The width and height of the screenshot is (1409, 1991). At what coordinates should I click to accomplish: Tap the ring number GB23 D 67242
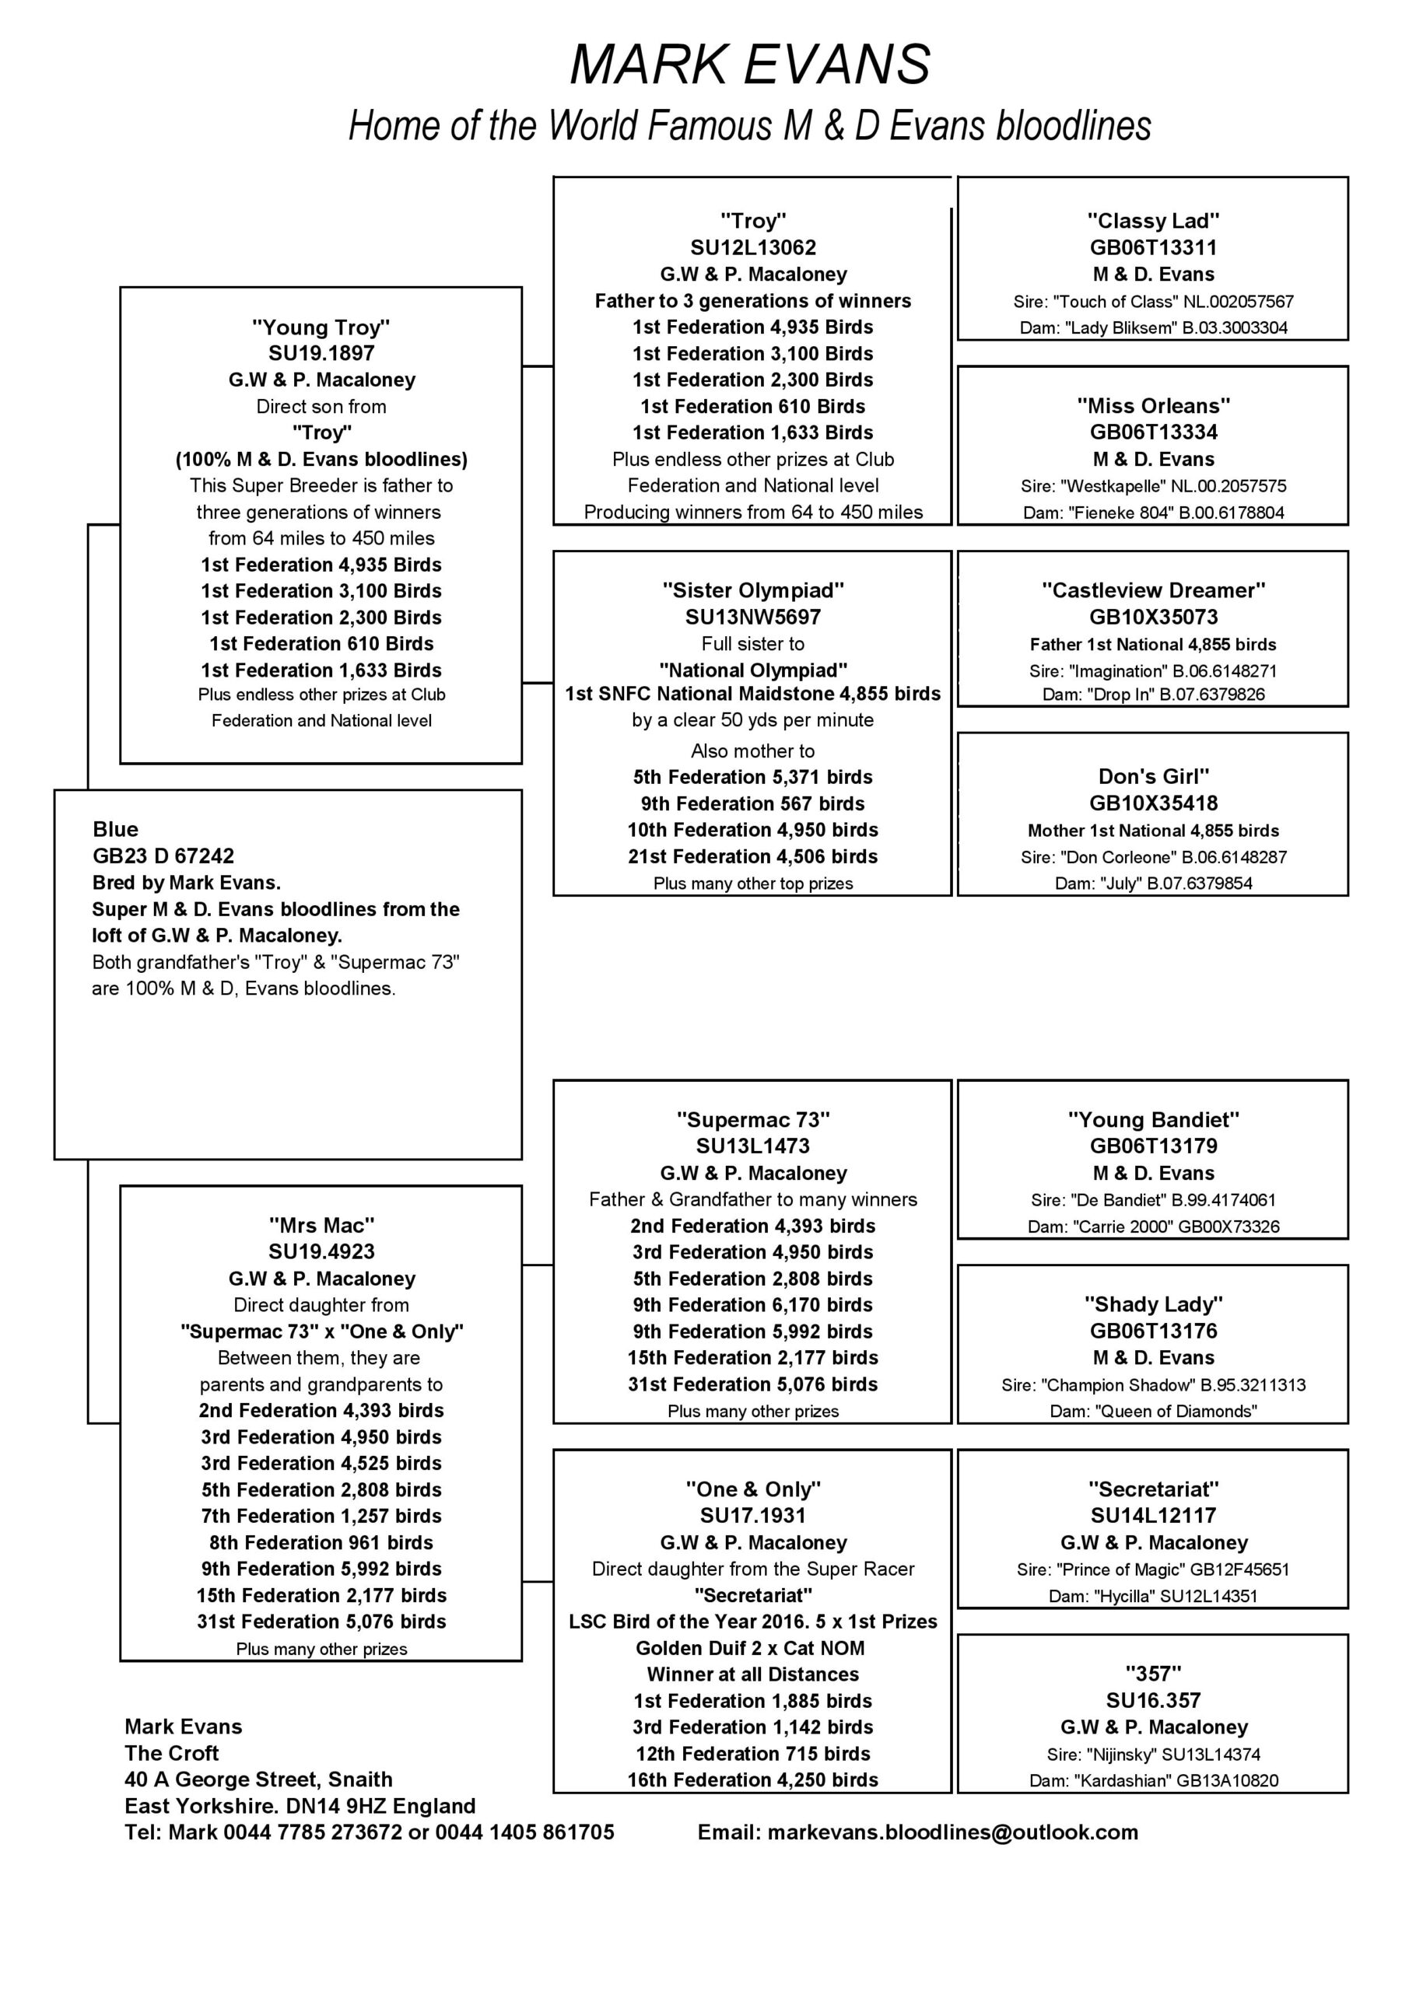pyautogui.click(x=163, y=856)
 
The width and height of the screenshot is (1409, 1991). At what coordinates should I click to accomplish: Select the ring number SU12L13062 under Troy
pyautogui.click(x=753, y=248)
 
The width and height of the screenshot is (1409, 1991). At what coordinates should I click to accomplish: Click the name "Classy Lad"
pyautogui.click(x=1153, y=221)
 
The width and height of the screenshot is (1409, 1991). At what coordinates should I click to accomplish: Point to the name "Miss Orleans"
pyautogui.click(x=1153, y=406)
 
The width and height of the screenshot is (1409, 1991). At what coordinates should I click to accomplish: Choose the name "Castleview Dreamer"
pyautogui.click(x=1153, y=590)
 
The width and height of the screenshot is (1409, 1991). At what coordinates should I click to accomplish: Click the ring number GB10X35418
pyautogui.click(x=1153, y=803)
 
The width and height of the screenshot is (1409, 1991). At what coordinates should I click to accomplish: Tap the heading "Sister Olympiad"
pyautogui.click(x=753, y=590)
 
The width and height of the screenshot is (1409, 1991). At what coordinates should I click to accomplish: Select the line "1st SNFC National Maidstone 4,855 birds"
pyautogui.click(x=753, y=694)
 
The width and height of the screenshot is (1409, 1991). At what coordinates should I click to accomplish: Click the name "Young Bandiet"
pyautogui.click(x=1153, y=1119)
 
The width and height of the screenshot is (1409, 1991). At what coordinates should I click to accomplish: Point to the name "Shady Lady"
pyautogui.click(x=1153, y=1304)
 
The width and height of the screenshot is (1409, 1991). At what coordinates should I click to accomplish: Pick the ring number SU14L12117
pyautogui.click(x=1153, y=1515)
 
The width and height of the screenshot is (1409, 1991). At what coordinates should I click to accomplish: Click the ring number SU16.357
pyautogui.click(x=1153, y=1700)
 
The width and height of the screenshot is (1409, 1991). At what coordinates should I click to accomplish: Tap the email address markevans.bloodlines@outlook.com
pyautogui.click(x=918, y=1832)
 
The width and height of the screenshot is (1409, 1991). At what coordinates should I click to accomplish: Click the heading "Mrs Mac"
pyautogui.click(x=321, y=1225)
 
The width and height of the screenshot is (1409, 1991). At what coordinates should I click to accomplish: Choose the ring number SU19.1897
pyautogui.click(x=321, y=353)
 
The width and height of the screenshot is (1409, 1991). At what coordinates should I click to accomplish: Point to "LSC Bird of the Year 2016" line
pyautogui.click(x=753, y=1622)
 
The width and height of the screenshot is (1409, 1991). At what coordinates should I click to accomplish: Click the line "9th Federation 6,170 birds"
pyautogui.click(x=753, y=1305)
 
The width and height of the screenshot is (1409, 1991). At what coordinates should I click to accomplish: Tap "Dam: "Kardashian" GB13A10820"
pyautogui.click(x=1153, y=1780)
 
